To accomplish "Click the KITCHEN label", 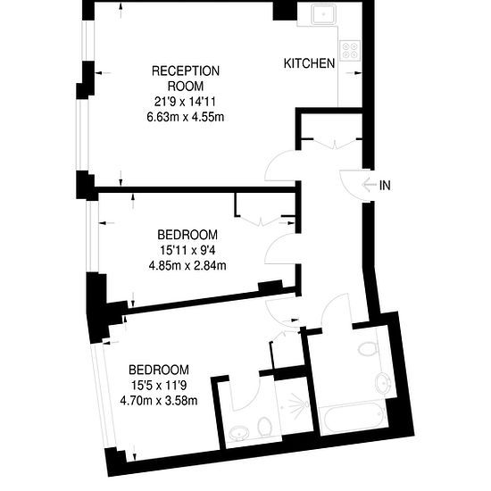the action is pyautogui.click(x=309, y=63).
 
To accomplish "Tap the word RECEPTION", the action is pyautogui.click(x=186, y=71).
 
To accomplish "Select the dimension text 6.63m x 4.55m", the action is pyautogui.click(x=186, y=117).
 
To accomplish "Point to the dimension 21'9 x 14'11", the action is pyautogui.click(x=186, y=102).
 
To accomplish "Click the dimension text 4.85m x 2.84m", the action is pyautogui.click(x=187, y=266).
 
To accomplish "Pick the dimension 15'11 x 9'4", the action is pyautogui.click(x=187, y=250).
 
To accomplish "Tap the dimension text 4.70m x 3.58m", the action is pyautogui.click(x=159, y=401).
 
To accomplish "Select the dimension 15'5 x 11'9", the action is pyautogui.click(x=159, y=385).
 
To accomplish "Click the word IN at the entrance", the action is pyautogui.click(x=385, y=186).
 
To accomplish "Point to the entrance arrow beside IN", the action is pyautogui.click(x=369, y=185).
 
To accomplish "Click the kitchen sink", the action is pyautogui.click(x=323, y=14).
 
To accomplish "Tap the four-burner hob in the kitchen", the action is pyautogui.click(x=350, y=51).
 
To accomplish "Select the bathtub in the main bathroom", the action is pyautogui.click(x=354, y=417).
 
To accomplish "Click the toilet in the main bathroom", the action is pyautogui.click(x=368, y=349).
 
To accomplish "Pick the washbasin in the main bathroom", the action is pyautogui.click(x=383, y=383).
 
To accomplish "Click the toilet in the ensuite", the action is pyautogui.click(x=264, y=427).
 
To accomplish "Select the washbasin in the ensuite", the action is pyautogui.click(x=239, y=435).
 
